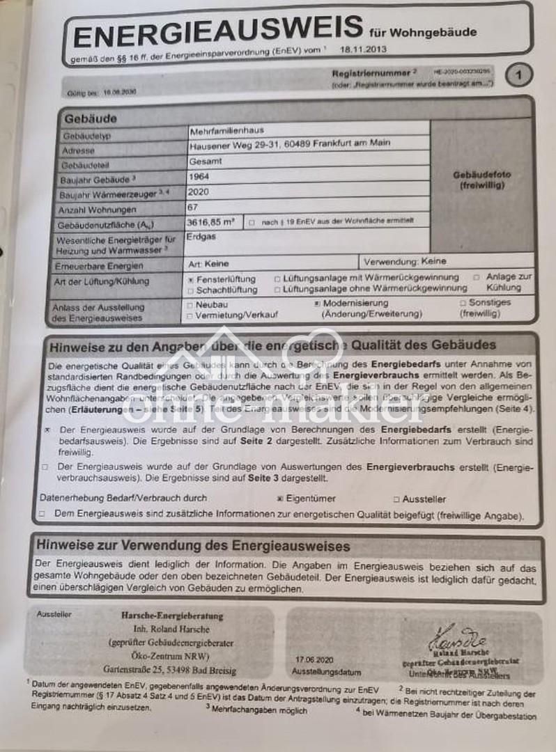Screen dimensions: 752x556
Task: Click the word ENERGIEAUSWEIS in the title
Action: click(217, 34)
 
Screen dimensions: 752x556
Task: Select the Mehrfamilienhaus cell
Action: click(227, 130)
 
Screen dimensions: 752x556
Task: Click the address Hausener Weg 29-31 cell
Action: click(290, 144)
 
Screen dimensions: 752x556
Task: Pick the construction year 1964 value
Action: click(199, 176)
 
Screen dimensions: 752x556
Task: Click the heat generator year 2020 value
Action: click(199, 191)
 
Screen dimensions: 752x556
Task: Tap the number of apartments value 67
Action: click(194, 207)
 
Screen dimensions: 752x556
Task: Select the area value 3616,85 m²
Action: click(211, 222)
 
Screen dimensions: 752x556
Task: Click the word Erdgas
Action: click(201, 237)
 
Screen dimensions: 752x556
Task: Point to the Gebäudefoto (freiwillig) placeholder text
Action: click(481, 181)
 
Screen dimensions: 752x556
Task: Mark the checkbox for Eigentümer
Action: click(280, 499)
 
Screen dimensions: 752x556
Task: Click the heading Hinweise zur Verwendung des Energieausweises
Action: click(193, 546)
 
